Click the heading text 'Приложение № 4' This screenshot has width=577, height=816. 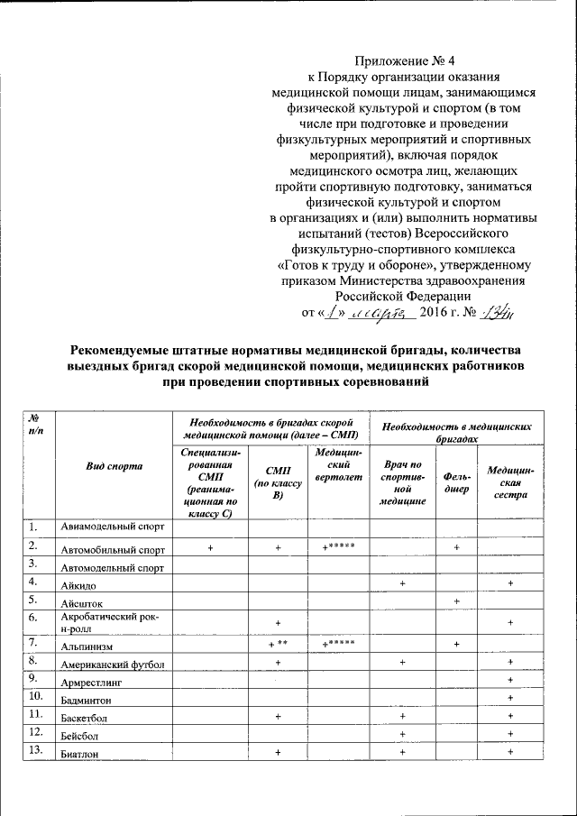pyautogui.click(x=402, y=61)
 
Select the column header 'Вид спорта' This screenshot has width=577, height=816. pyautogui.click(x=114, y=466)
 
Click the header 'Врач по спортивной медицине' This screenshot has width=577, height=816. pyautogui.click(x=403, y=485)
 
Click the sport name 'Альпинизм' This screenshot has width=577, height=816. pyautogui.click(x=87, y=647)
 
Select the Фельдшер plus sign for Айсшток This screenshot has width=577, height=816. pyautogui.click(x=457, y=601)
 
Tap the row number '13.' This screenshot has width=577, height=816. pyautogui.click(x=34, y=750)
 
